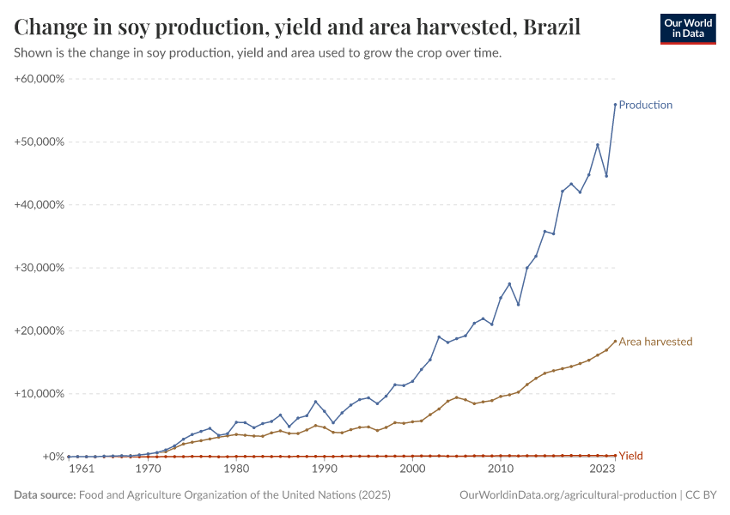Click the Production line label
coord(645,105)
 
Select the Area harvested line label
coord(655,342)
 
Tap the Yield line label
coord(630,456)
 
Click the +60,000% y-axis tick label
coord(40,79)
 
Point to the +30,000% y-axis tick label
coord(40,268)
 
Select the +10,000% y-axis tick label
coord(40,394)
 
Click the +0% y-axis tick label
coord(52,457)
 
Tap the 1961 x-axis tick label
coord(81,470)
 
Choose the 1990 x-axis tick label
coord(325,470)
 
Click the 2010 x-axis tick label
coord(502,470)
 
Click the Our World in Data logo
coord(687,28)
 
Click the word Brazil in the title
coord(551,27)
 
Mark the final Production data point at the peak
coord(615,104)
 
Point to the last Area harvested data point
coord(615,341)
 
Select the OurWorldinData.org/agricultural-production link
coord(568,495)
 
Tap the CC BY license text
coord(700,495)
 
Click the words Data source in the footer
coord(45,495)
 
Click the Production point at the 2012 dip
coord(518,304)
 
